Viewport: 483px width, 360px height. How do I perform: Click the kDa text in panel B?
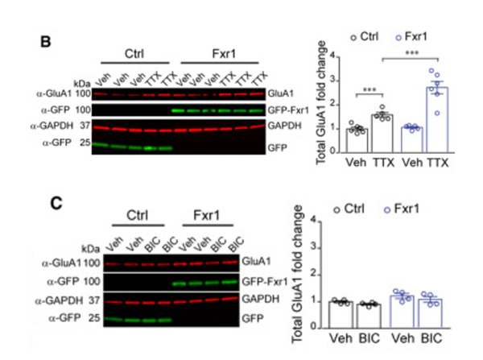[81, 83]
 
